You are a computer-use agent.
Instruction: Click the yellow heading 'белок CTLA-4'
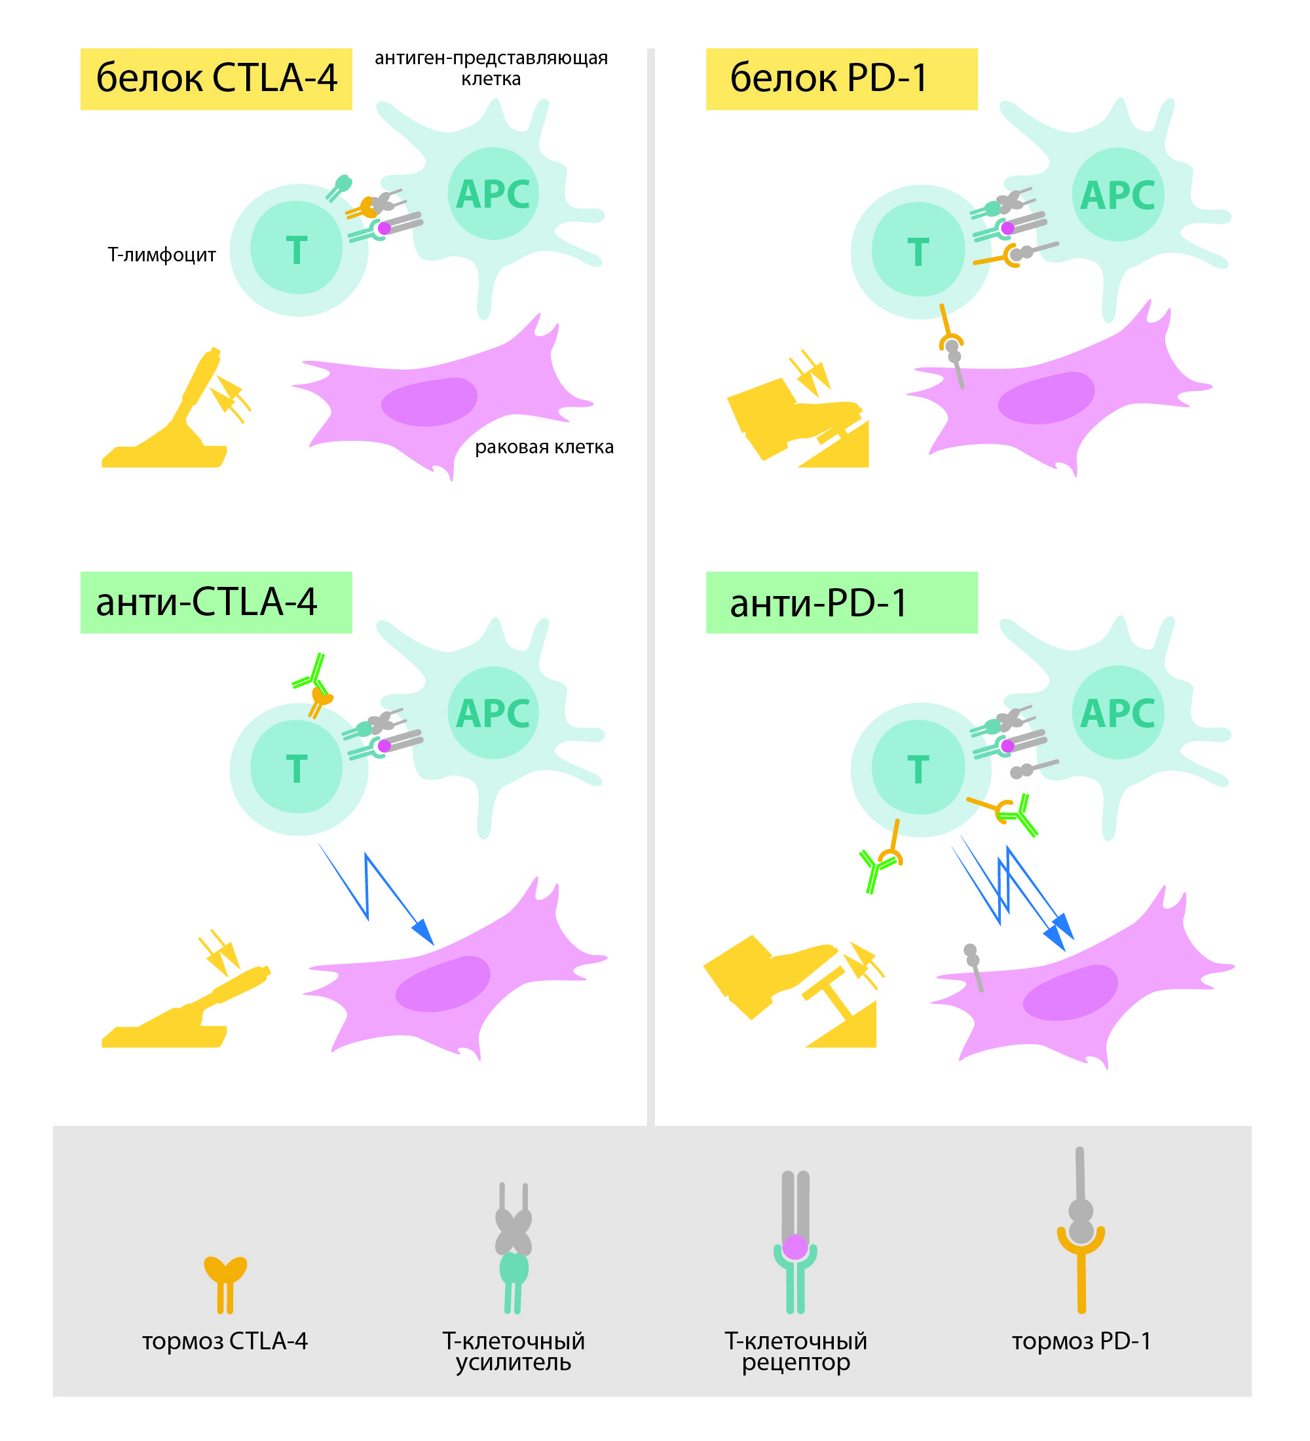tap(216, 79)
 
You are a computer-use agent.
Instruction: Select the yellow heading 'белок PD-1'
tap(829, 79)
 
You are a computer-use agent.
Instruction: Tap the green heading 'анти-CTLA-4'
tap(207, 603)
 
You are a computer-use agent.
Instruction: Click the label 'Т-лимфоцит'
tap(162, 255)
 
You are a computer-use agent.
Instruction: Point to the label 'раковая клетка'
tap(544, 447)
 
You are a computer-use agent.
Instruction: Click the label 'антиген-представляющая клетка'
tap(491, 68)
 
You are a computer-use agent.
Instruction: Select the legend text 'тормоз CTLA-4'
tap(225, 1341)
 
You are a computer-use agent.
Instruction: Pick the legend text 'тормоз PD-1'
tap(1081, 1341)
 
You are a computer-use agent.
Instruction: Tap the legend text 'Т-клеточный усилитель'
tap(513, 1351)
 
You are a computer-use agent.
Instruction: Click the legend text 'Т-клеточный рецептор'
tap(795, 1351)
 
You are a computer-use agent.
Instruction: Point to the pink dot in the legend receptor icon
tap(795, 1246)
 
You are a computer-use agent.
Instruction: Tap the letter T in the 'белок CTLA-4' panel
tap(297, 251)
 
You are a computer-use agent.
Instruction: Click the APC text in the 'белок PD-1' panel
tap(1117, 196)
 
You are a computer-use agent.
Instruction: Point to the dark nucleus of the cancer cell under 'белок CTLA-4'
tap(429, 402)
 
